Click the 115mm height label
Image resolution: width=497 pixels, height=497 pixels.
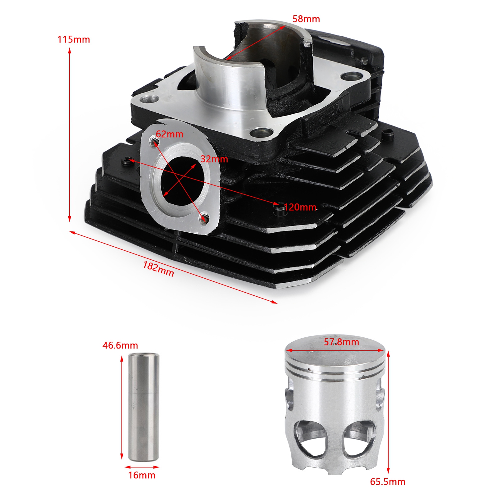[74, 39]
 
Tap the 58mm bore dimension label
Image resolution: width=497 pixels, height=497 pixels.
[306, 19]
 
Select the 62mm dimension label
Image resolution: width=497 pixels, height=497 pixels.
[169, 134]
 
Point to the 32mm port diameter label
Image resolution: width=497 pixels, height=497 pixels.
[214, 159]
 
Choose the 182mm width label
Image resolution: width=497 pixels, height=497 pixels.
[158, 269]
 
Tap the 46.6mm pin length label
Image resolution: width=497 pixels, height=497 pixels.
[120, 345]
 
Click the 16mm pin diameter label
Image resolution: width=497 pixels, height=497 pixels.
[142, 475]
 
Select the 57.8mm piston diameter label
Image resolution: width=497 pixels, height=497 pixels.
[341, 342]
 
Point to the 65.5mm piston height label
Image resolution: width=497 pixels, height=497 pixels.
[388, 482]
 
